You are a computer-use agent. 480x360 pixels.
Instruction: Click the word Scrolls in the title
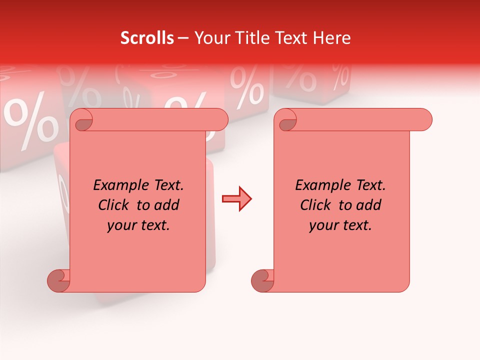147,38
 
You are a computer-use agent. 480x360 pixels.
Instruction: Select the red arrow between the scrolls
236,199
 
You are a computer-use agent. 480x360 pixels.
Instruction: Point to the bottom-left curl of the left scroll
59,280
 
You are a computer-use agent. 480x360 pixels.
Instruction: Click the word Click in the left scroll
114,205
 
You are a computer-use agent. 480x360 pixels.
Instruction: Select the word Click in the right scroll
316,205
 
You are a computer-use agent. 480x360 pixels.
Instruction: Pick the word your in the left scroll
120,225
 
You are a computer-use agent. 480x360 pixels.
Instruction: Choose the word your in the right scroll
322,225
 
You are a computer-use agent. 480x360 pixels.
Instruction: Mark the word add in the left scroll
167,205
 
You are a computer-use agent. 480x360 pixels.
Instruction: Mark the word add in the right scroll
369,205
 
